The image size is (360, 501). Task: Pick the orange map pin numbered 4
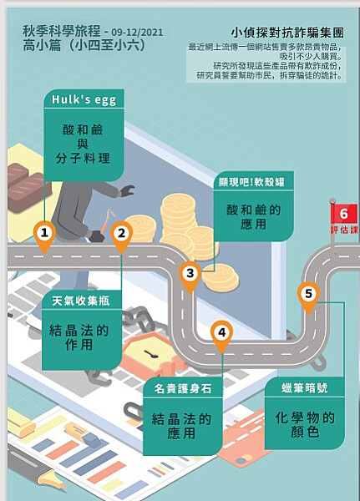pos(222,336)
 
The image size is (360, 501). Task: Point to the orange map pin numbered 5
pos(308,296)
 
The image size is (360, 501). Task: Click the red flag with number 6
pos(343,214)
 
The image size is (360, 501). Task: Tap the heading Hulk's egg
pos(84,99)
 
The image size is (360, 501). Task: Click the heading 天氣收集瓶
pos(81,301)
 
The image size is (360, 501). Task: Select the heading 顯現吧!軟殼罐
pos(251,182)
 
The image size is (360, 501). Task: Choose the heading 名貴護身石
pos(183,388)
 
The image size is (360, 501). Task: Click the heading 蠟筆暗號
pos(304,388)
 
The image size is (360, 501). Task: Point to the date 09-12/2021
pos(137,33)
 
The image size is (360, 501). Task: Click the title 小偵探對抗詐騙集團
pos(287,33)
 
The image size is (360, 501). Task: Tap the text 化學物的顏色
pos(305,425)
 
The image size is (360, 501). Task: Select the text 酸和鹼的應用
pos(254,217)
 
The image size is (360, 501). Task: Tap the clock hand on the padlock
pos(150,353)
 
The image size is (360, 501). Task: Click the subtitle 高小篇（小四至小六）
pos(84,45)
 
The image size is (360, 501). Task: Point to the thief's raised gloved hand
pos(127,190)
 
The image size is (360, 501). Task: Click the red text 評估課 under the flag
pos(344,230)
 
